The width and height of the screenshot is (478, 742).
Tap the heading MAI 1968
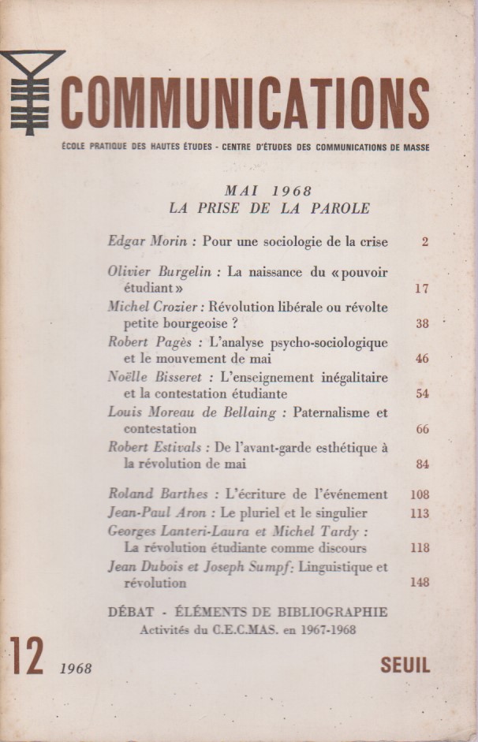[x=268, y=191]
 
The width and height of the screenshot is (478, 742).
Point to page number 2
[x=424, y=242]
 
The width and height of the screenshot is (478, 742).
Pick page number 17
[x=421, y=289]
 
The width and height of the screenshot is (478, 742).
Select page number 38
[x=421, y=323]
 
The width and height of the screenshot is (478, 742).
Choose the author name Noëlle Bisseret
[x=155, y=377]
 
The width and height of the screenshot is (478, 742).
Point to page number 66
[x=421, y=429]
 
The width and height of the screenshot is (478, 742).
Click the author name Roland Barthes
[x=158, y=494]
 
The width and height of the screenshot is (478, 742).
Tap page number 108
[x=419, y=495]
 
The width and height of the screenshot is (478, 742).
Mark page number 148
[x=419, y=583]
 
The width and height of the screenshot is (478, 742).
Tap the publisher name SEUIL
[x=405, y=665]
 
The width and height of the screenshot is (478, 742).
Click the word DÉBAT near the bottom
[x=134, y=612]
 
